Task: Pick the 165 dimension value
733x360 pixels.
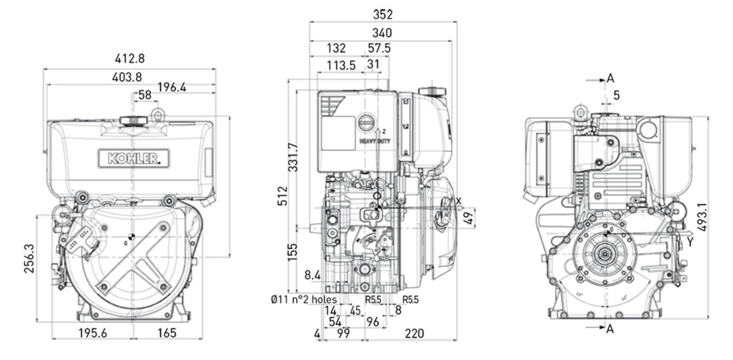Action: coord(166,333)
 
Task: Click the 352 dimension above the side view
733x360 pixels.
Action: coord(383,14)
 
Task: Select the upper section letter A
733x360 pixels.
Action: coord(610,78)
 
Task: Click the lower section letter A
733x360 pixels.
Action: coord(610,329)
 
